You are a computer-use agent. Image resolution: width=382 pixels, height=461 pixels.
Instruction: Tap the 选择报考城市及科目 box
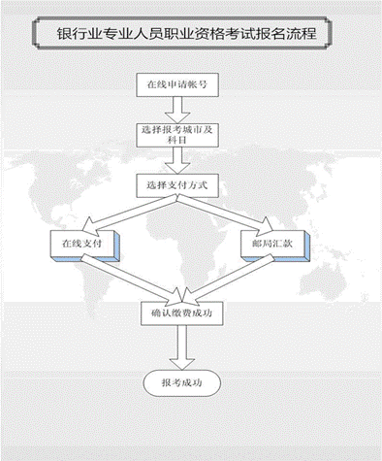(x=179, y=133)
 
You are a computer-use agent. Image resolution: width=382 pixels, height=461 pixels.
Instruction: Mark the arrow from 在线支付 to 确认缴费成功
(x=136, y=281)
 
